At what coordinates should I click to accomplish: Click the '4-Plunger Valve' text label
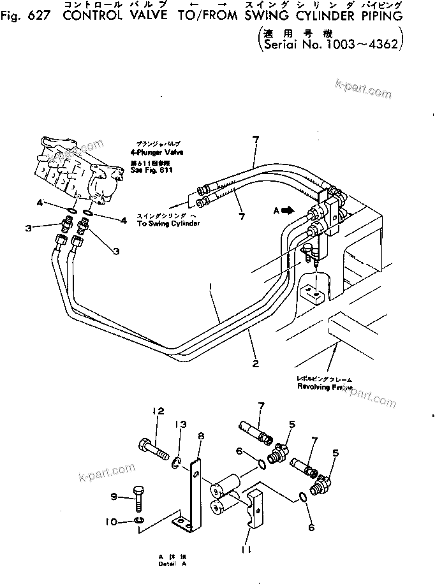tap(153, 153)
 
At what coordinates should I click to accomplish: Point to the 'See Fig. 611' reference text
tap(154, 172)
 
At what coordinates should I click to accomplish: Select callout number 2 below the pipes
tap(255, 363)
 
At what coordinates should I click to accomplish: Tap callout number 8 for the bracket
tap(201, 436)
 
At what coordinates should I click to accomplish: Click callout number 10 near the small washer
tap(114, 522)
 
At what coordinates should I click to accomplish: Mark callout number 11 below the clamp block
tap(247, 548)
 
